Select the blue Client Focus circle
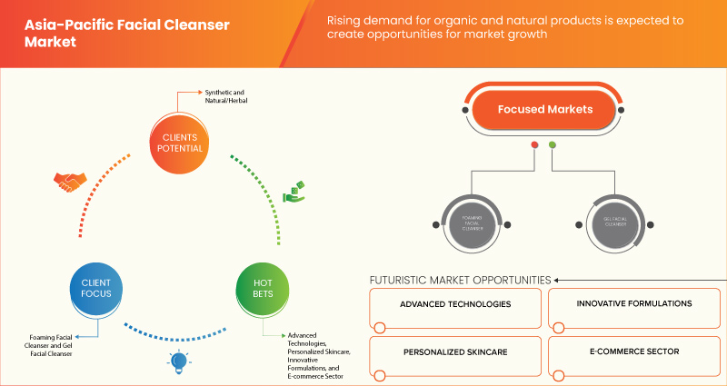click(x=89, y=289)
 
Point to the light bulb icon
click(x=175, y=363)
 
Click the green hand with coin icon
click(x=294, y=192)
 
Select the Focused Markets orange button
click(x=544, y=110)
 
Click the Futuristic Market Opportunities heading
click(x=460, y=280)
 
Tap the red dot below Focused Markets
click(x=535, y=144)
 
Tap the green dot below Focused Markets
click(x=553, y=144)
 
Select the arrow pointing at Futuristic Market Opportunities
click(x=558, y=280)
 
